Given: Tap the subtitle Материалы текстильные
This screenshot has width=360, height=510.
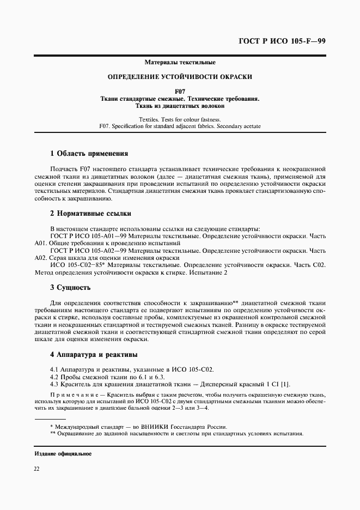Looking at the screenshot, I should (180, 63).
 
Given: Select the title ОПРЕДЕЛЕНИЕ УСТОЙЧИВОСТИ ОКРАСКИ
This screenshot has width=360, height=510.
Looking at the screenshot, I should (180, 77).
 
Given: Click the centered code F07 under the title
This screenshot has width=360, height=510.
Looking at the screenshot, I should (180, 91).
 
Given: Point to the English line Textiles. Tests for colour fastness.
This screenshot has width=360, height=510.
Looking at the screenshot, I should (180, 119).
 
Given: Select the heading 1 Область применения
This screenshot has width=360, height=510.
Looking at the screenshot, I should (89, 153).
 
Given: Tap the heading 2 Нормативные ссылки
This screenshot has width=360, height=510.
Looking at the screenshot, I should (90, 213).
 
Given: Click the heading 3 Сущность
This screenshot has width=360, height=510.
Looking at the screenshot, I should (70, 287).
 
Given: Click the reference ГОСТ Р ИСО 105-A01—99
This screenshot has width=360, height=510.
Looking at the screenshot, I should (87, 236).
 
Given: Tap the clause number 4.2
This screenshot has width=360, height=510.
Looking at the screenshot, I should (54, 377).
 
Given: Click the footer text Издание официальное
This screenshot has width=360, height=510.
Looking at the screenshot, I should (63, 453).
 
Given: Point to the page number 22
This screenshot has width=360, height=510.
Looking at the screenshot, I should (38, 469).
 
